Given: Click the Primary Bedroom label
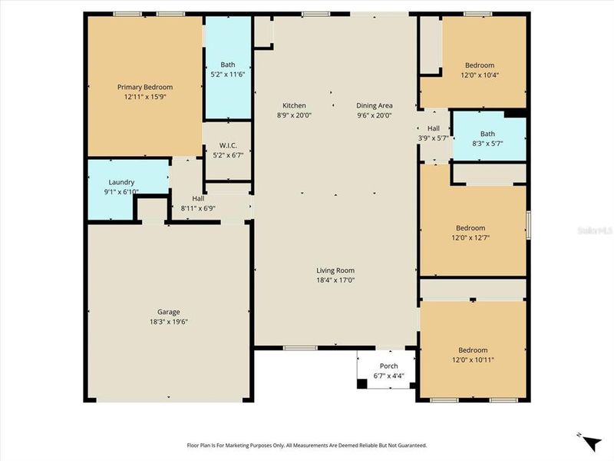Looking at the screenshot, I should pos(144,87).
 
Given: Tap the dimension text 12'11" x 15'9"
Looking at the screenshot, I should pos(144,97).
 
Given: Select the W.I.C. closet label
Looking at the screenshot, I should pos(228,146).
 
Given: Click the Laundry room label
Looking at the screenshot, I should pos(121,182).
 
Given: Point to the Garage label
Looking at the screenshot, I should pos(169,312).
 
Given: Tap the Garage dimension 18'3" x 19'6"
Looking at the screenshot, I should pos(169,322).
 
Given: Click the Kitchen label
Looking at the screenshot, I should pos(294,105).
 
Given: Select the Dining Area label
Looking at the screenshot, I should pos(374,105).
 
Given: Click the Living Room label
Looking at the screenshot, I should pos(335,270).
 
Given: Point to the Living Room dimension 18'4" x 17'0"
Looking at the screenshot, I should pos(335,280).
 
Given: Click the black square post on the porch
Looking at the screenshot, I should pos(362,383).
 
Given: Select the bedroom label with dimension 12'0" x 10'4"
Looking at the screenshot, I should pos(480,65).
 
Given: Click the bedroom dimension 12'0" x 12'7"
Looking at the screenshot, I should pos(470,238).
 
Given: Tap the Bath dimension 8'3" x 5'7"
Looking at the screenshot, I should pos(487,144).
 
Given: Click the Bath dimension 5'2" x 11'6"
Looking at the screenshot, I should pos(228,75).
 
